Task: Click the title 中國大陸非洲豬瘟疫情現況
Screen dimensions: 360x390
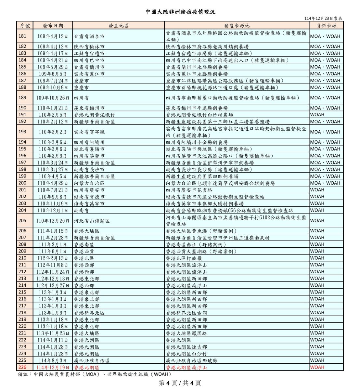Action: click(x=180, y=12)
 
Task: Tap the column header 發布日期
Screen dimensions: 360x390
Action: click(x=53, y=26)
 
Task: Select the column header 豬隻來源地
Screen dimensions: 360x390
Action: click(x=237, y=26)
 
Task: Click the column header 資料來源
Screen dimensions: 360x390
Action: click(x=326, y=26)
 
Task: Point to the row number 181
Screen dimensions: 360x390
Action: click(x=22, y=36)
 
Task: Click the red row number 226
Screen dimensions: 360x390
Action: click(x=22, y=367)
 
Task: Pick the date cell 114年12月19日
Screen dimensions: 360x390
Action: click(x=53, y=367)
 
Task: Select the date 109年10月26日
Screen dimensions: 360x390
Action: click(x=53, y=98)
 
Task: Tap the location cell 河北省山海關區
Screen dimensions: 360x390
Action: click(x=92, y=221)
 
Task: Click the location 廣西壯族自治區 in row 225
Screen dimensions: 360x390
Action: click(x=92, y=360)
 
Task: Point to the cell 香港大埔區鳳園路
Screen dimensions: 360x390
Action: click(x=186, y=333)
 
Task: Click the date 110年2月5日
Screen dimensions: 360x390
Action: click(x=53, y=115)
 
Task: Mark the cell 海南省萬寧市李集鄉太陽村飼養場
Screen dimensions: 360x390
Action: click(x=205, y=203)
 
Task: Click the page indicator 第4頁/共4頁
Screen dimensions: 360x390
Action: click(x=180, y=383)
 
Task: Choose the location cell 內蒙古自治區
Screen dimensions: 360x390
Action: click(x=89, y=183)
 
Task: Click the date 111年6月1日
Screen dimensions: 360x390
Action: click(x=53, y=251)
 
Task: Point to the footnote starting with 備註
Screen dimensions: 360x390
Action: click(x=94, y=374)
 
